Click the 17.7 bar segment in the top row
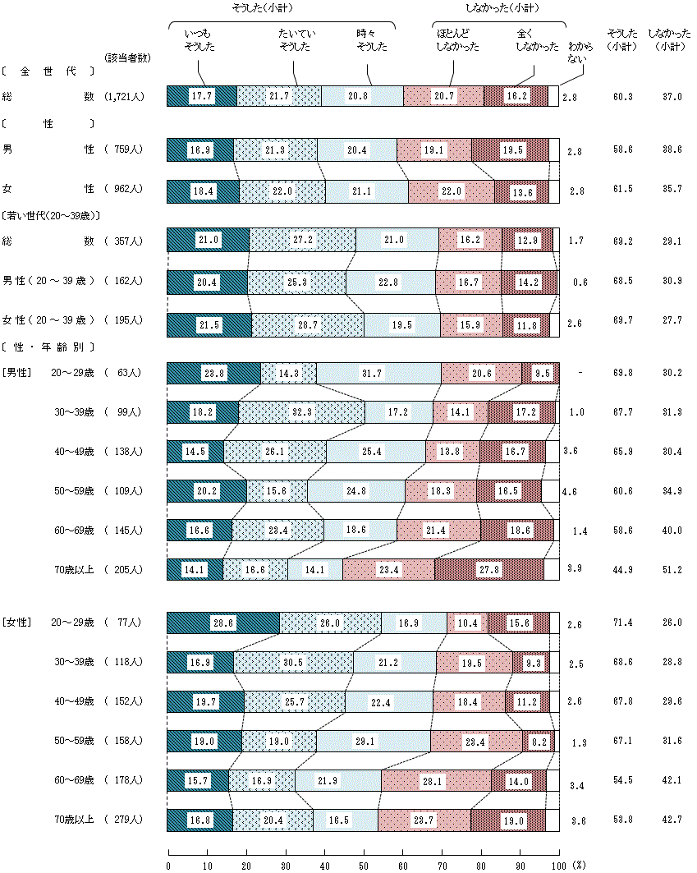point(201,96)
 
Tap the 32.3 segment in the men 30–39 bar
point(302,412)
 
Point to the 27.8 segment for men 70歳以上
point(489,569)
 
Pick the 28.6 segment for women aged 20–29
point(222,623)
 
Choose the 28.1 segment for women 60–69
point(436,781)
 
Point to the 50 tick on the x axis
point(364,864)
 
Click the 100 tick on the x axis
point(558,864)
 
